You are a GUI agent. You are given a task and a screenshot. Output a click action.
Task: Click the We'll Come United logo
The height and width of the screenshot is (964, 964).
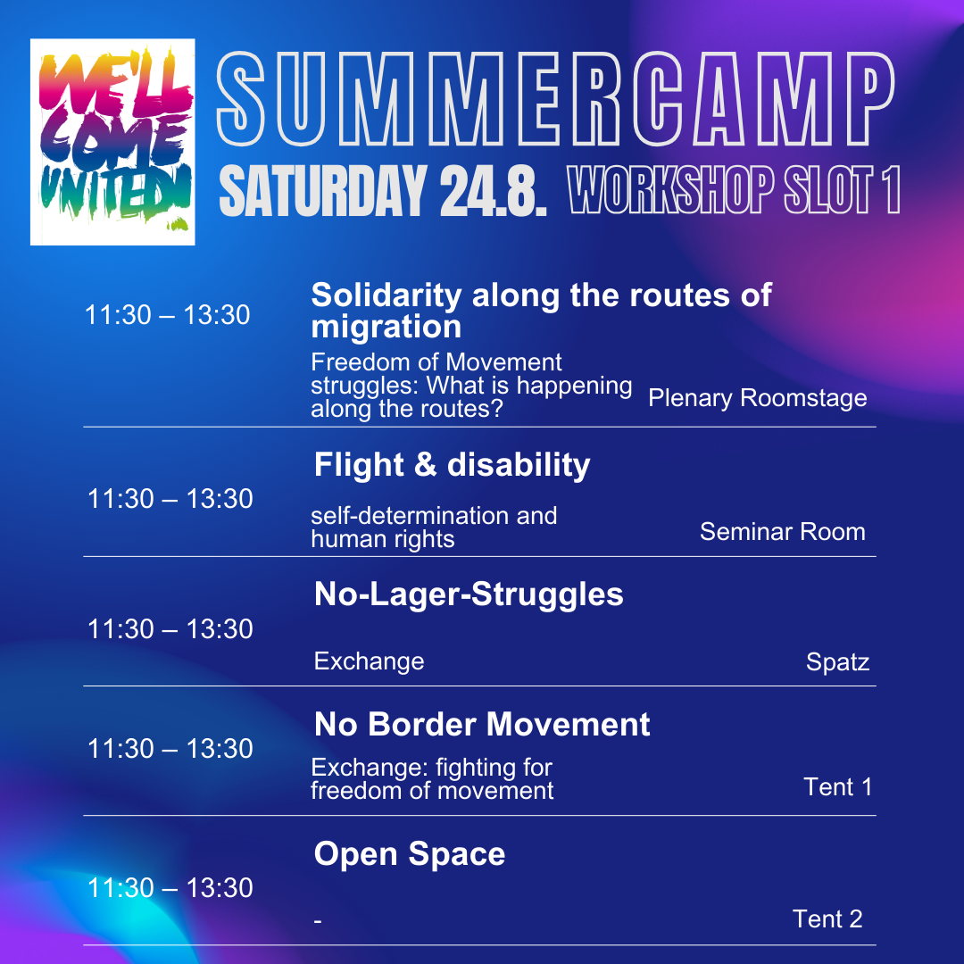pyautogui.click(x=112, y=142)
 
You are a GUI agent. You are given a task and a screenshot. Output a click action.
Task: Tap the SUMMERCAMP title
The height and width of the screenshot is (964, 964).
pyautogui.click(x=555, y=99)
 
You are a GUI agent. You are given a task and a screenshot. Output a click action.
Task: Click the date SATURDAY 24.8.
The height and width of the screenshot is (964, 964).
pyautogui.click(x=383, y=191)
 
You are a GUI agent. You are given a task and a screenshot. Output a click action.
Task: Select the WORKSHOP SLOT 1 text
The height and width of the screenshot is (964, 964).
pyautogui.click(x=734, y=189)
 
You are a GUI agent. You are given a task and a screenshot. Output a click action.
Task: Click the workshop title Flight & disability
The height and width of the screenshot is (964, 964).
pyautogui.click(x=452, y=464)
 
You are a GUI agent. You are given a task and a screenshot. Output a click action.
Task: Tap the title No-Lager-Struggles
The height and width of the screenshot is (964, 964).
pyautogui.click(x=469, y=594)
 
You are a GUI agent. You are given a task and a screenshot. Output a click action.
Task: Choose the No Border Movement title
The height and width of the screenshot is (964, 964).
pyautogui.click(x=482, y=724)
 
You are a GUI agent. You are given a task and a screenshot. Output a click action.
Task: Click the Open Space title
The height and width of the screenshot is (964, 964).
pyautogui.click(x=410, y=854)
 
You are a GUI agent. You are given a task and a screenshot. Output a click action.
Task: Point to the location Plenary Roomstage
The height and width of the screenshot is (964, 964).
pyautogui.click(x=758, y=398)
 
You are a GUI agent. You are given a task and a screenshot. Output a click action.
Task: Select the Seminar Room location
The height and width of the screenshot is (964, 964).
pyautogui.click(x=783, y=531)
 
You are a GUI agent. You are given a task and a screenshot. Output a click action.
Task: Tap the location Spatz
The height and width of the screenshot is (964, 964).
pyautogui.click(x=837, y=662)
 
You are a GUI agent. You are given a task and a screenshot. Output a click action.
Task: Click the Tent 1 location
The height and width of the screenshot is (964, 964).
pyautogui.click(x=837, y=787)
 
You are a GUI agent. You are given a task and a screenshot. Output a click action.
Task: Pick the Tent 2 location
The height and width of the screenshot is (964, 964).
pyautogui.click(x=827, y=919)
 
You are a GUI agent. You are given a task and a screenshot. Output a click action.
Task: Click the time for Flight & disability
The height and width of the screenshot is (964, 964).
pyautogui.click(x=170, y=499)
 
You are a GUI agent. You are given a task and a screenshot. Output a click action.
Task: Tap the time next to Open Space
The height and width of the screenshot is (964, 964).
pyautogui.click(x=170, y=888)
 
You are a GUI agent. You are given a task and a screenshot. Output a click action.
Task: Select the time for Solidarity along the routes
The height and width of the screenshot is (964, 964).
pyautogui.click(x=167, y=315)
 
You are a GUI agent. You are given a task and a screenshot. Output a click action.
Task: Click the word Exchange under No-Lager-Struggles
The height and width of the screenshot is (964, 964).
pyautogui.click(x=369, y=661)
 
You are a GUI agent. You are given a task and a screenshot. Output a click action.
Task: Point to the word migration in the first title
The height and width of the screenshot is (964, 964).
pyautogui.click(x=386, y=327)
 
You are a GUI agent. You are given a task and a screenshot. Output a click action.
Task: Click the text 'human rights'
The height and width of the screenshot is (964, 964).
pyautogui.click(x=382, y=539)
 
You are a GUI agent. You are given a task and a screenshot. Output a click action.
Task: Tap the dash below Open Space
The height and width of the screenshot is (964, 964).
pyautogui.click(x=318, y=921)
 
